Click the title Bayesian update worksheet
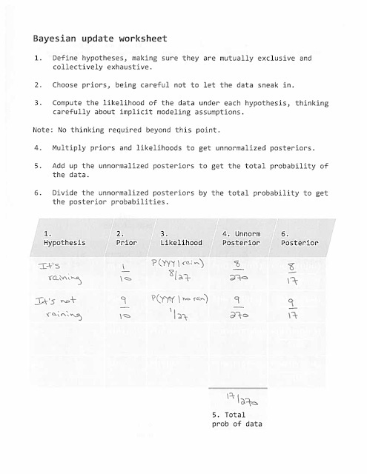[x=100, y=39]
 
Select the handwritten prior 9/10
[x=125, y=326]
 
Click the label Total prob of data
[x=237, y=419]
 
